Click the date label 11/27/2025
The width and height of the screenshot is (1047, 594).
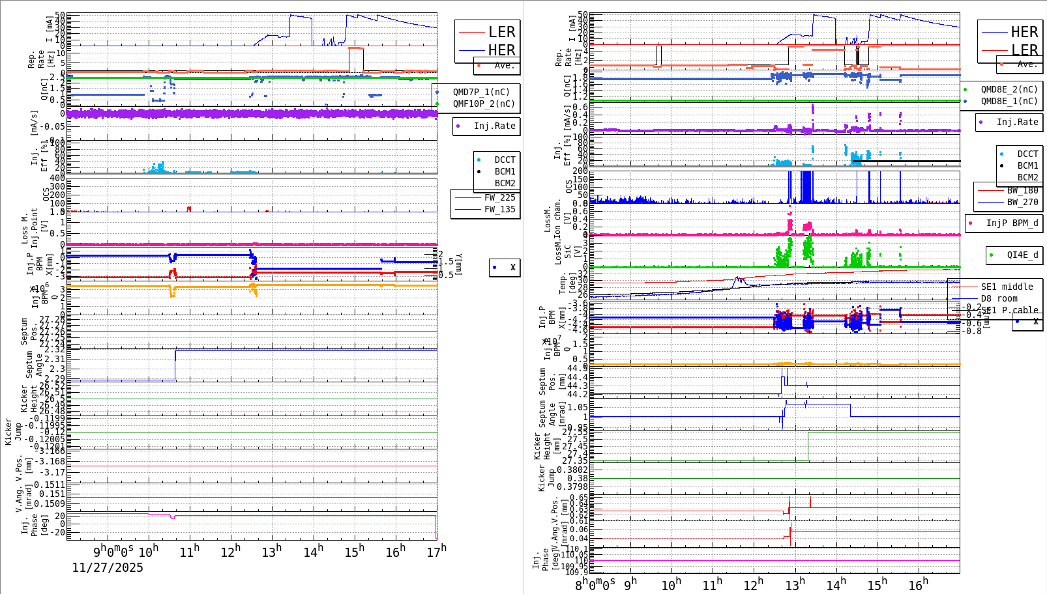pos(108,567)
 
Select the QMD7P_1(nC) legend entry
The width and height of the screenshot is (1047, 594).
pos(481,92)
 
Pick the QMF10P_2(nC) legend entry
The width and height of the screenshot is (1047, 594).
pos(483,104)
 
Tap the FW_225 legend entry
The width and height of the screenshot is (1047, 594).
pos(499,197)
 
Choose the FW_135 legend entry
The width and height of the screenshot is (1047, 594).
pos(499,209)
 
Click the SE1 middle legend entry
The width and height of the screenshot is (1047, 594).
pos(1007,287)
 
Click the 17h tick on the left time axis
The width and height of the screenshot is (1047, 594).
pos(437,552)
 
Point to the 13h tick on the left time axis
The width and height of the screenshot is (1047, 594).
pos(271,552)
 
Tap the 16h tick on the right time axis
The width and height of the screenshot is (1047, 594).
pos(918,584)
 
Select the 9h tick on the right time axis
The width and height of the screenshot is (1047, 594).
pos(630,584)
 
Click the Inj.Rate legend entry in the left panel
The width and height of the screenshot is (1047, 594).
pos(494,126)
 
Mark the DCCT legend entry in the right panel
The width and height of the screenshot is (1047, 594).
pos(1027,154)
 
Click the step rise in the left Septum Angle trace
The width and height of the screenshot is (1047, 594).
pos(175,365)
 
